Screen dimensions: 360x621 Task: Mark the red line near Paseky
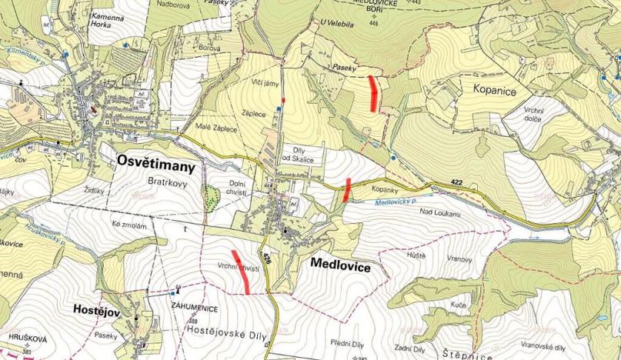pos(374,93)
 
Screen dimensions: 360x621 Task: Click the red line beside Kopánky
pos(347,190)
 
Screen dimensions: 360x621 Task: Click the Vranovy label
pos(457,259)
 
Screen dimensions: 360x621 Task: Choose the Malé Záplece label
pos(215,128)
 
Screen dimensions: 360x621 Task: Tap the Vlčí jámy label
pos(264,81)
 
